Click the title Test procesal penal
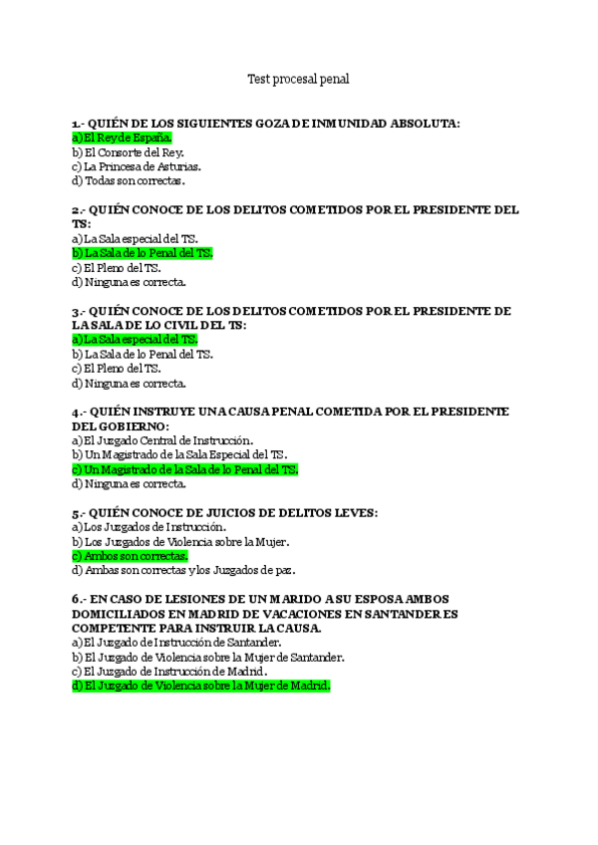[x=298, y=78]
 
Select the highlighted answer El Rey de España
[x=122, y=138]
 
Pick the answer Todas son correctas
[x=129, y=181]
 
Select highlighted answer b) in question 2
[x=143, y=253]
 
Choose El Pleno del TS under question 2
[x=117, y=268]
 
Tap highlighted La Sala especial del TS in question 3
[x=135, y=340]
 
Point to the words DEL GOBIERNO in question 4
[x=121, y=426]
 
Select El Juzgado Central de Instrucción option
[x=162, y=440]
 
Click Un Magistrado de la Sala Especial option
[x=179, y=455]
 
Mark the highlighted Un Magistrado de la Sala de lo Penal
[x=185, y=469]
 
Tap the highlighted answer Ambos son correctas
[x=130, y=556]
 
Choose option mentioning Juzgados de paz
[x=183, y=571]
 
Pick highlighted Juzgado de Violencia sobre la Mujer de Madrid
[x=200, y=686]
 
